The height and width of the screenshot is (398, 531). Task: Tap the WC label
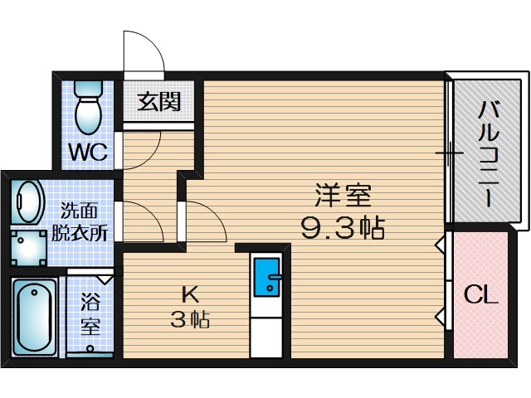[x=85, y=153]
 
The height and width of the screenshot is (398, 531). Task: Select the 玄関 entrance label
[x=158, y=102]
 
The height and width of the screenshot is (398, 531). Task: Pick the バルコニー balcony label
[x=487, y=154]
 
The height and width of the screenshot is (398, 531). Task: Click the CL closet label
[x=480, y=295]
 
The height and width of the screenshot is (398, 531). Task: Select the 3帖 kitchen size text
[x=189, y=319]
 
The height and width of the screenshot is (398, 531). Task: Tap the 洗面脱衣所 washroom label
[x=80, y=221]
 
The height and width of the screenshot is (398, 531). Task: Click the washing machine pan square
[x=31, y=244]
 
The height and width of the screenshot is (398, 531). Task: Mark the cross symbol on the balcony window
[x=449, y=153]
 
